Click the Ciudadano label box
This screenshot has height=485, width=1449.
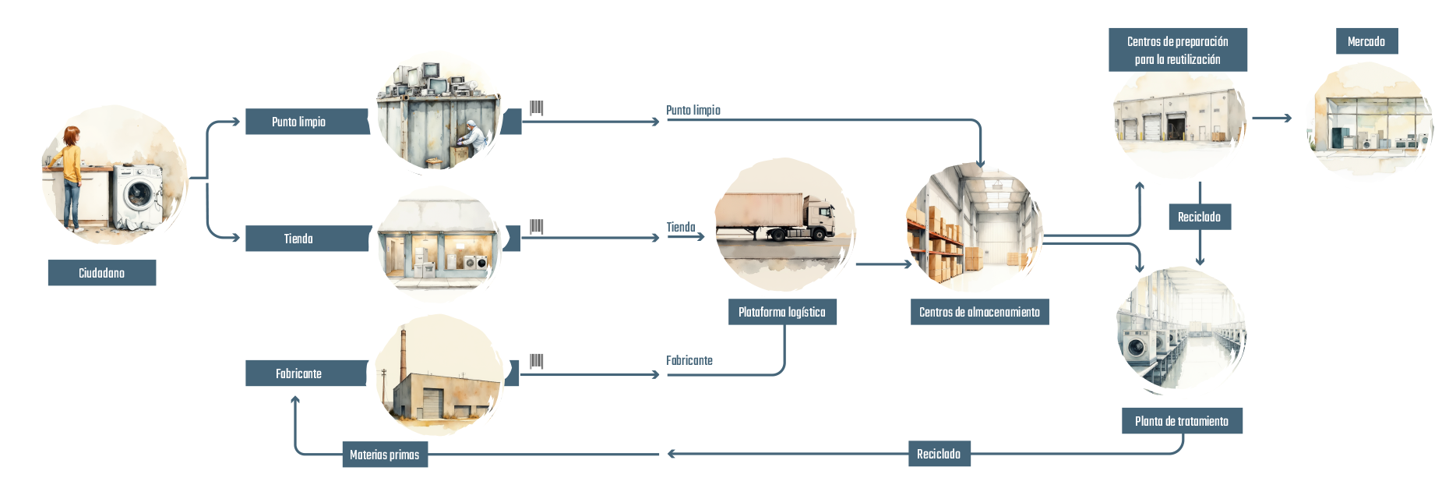102,273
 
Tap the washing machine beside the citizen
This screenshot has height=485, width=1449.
138,196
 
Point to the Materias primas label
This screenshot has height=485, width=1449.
385,455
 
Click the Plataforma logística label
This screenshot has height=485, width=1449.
782,312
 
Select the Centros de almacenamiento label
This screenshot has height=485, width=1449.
979,312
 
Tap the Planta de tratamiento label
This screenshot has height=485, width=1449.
1182,421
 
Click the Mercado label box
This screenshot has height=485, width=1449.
1366,41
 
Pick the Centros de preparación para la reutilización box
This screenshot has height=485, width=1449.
1178,50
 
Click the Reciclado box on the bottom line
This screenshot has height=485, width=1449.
939,454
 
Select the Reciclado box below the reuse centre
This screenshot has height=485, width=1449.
1200,217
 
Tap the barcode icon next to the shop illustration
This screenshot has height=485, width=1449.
537,226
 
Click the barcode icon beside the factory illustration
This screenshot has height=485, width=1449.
537,361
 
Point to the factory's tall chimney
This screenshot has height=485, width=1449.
404,355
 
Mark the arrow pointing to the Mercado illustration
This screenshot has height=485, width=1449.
1272,118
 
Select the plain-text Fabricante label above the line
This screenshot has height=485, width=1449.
689,360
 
